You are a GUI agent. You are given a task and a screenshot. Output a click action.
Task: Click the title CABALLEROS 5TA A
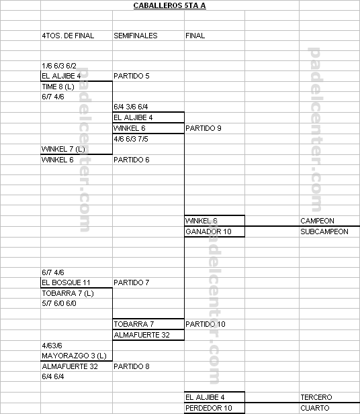tap(169, 5)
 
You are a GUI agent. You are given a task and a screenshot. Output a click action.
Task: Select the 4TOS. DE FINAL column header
tap(68, 36)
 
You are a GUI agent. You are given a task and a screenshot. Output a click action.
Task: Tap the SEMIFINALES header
tap(135, 36)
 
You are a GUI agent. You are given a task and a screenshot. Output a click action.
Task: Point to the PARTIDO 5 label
tap(132, 76)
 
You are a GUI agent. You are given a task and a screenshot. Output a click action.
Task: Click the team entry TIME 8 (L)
tap(58, 87)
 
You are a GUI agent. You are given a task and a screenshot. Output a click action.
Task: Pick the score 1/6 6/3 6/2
tap(59, 66)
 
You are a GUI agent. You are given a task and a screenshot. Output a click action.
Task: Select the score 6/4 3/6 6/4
tap(130, 107)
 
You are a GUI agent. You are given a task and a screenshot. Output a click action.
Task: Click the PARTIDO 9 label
tap(204, 128)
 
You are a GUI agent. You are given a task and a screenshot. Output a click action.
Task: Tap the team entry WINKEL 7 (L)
tap(63, 149)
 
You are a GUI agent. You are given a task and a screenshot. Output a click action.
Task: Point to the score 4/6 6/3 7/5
tap(131, 139)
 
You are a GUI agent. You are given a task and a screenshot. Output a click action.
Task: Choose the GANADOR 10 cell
tap(208, 231)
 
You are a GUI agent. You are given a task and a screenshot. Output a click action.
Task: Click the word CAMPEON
tap(317, 221)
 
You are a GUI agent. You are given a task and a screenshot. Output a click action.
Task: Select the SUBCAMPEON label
tap(324, 231)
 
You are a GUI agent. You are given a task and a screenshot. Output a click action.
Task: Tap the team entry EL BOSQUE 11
tap(66, 282)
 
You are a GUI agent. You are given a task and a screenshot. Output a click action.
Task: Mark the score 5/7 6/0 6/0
tap(59, 303)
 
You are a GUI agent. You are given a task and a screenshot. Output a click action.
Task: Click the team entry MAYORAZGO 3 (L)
tap(74, 356)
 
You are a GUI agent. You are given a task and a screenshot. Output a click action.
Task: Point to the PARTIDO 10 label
tap(206, 324)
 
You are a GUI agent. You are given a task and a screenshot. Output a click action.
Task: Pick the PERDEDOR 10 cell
tap(209, 408)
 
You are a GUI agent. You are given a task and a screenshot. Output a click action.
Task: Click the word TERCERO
tap(316, 397)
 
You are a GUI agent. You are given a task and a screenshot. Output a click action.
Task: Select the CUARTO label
tap(315, 408)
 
